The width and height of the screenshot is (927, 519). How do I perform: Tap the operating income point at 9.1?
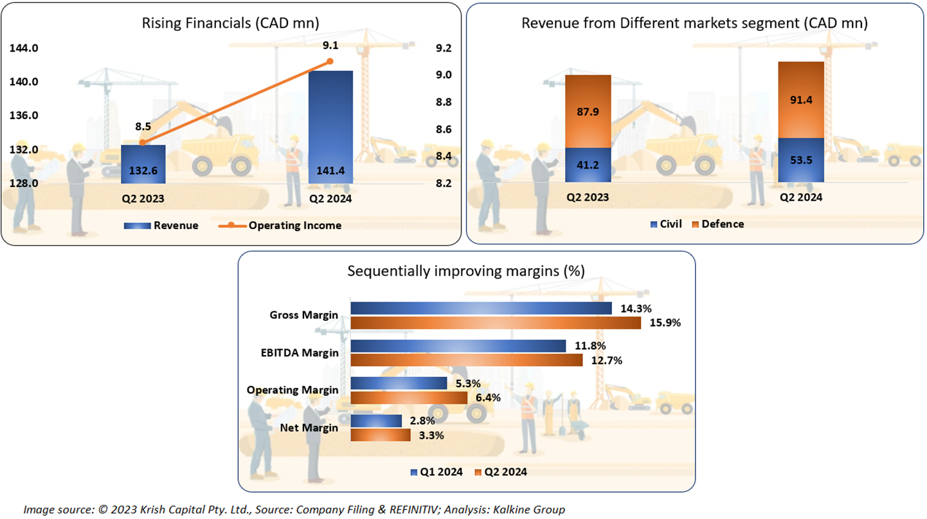tap(330, 61)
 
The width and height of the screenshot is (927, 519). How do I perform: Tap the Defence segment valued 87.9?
tap(588, 111)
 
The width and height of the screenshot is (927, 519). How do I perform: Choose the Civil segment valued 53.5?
tap(800, 160)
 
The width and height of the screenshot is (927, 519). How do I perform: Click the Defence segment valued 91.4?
tap(800, 100)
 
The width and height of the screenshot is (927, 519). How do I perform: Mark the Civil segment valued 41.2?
tap(588, 165)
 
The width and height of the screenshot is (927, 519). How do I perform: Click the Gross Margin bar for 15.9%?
tap(495, 323)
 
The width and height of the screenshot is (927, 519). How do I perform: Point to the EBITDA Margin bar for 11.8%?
tap(458, 346)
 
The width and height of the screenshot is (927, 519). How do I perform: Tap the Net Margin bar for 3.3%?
tap(381, 435)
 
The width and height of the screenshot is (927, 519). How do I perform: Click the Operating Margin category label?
tap(292, 390)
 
